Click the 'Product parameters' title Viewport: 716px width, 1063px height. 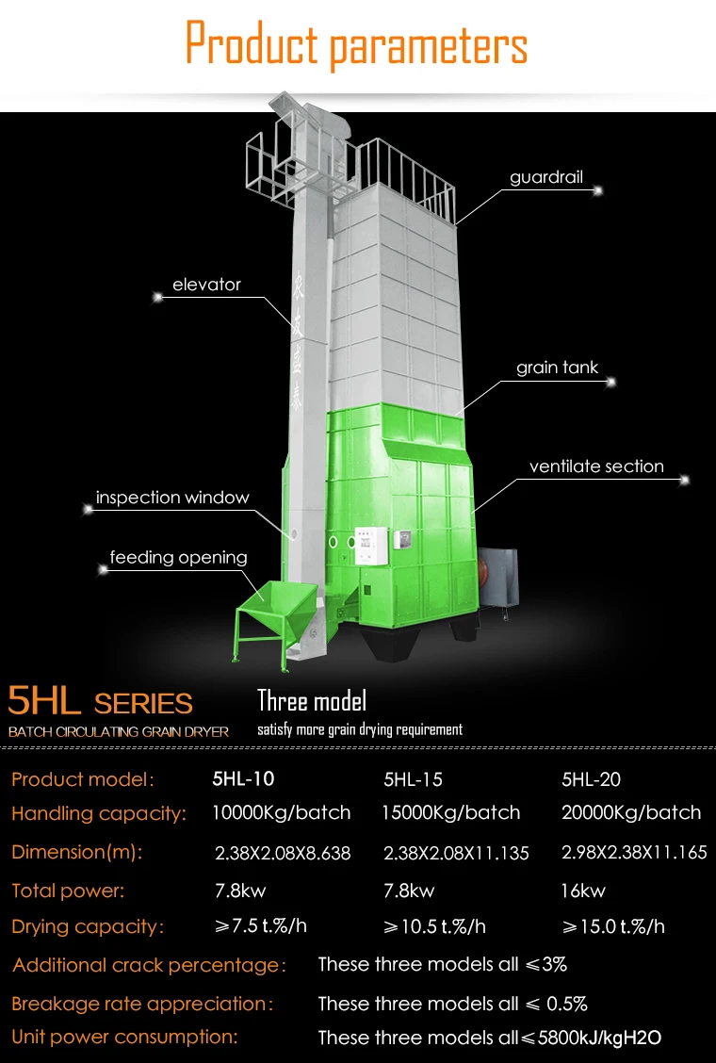coord(356,45)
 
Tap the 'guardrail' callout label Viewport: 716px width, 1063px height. coord(546,177)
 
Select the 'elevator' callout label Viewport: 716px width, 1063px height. coord(206,284)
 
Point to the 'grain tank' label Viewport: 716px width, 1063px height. coord(557,368)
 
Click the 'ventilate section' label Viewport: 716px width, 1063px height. coord(596,466)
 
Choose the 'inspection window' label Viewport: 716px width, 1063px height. coord(172,498)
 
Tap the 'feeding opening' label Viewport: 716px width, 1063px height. coord(178,557)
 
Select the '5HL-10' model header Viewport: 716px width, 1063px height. coord(243,779)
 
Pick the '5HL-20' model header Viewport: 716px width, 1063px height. coord(591,779)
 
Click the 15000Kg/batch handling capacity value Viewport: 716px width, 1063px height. coord(450,812)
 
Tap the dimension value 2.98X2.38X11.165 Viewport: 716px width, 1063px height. coord(633,853)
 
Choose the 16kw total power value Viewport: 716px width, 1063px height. coord(583,891)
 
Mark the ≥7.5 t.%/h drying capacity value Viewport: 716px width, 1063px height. coord(261,925)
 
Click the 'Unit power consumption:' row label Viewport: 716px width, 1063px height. coord(124,1037)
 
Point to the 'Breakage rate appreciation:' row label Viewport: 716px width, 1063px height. coord(141,1004)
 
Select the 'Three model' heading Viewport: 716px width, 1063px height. coord(312,700)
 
